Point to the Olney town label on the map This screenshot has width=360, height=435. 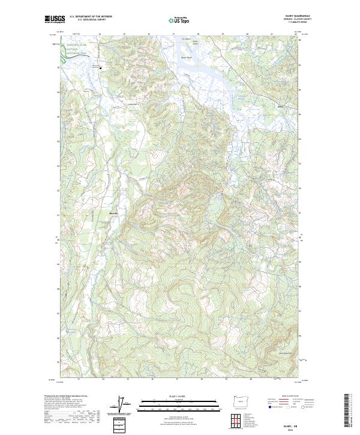[280, 108]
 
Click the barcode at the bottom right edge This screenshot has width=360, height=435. [350, 412]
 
